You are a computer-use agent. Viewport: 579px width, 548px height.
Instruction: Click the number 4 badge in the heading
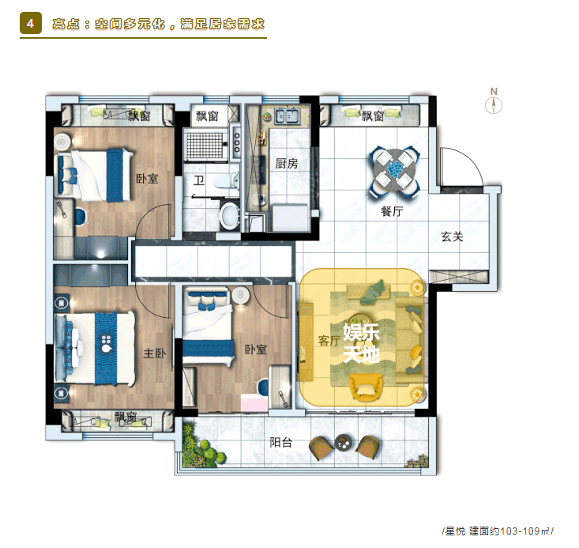(31, 23)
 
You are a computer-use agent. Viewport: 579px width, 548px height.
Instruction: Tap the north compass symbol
(494, 101)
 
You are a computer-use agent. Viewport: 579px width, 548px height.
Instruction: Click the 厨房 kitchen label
(287, 164)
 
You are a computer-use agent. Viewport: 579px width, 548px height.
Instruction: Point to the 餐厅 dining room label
(392, 211)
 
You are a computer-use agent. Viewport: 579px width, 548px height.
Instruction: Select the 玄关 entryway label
(452, 236)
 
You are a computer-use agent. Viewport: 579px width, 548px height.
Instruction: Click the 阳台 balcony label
(280, 442)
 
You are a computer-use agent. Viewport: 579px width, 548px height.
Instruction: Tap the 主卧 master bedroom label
(155, 353)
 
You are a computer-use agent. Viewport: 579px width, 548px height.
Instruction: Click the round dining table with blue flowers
(396, 171)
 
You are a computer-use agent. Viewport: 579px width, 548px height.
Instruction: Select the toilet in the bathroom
(226, 181)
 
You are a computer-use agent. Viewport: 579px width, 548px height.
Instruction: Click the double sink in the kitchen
(287, 116)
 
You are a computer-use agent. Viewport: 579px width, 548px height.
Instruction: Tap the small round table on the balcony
(344, 442)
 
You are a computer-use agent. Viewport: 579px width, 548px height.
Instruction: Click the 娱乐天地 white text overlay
(362, 342)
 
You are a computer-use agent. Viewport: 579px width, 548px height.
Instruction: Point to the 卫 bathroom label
(199, 180)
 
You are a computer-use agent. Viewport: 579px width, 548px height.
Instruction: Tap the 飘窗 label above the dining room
(373, 115)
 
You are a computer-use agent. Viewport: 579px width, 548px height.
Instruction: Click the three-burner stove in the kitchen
(236, 143)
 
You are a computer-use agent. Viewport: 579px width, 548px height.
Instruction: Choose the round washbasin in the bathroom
(230, 215)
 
